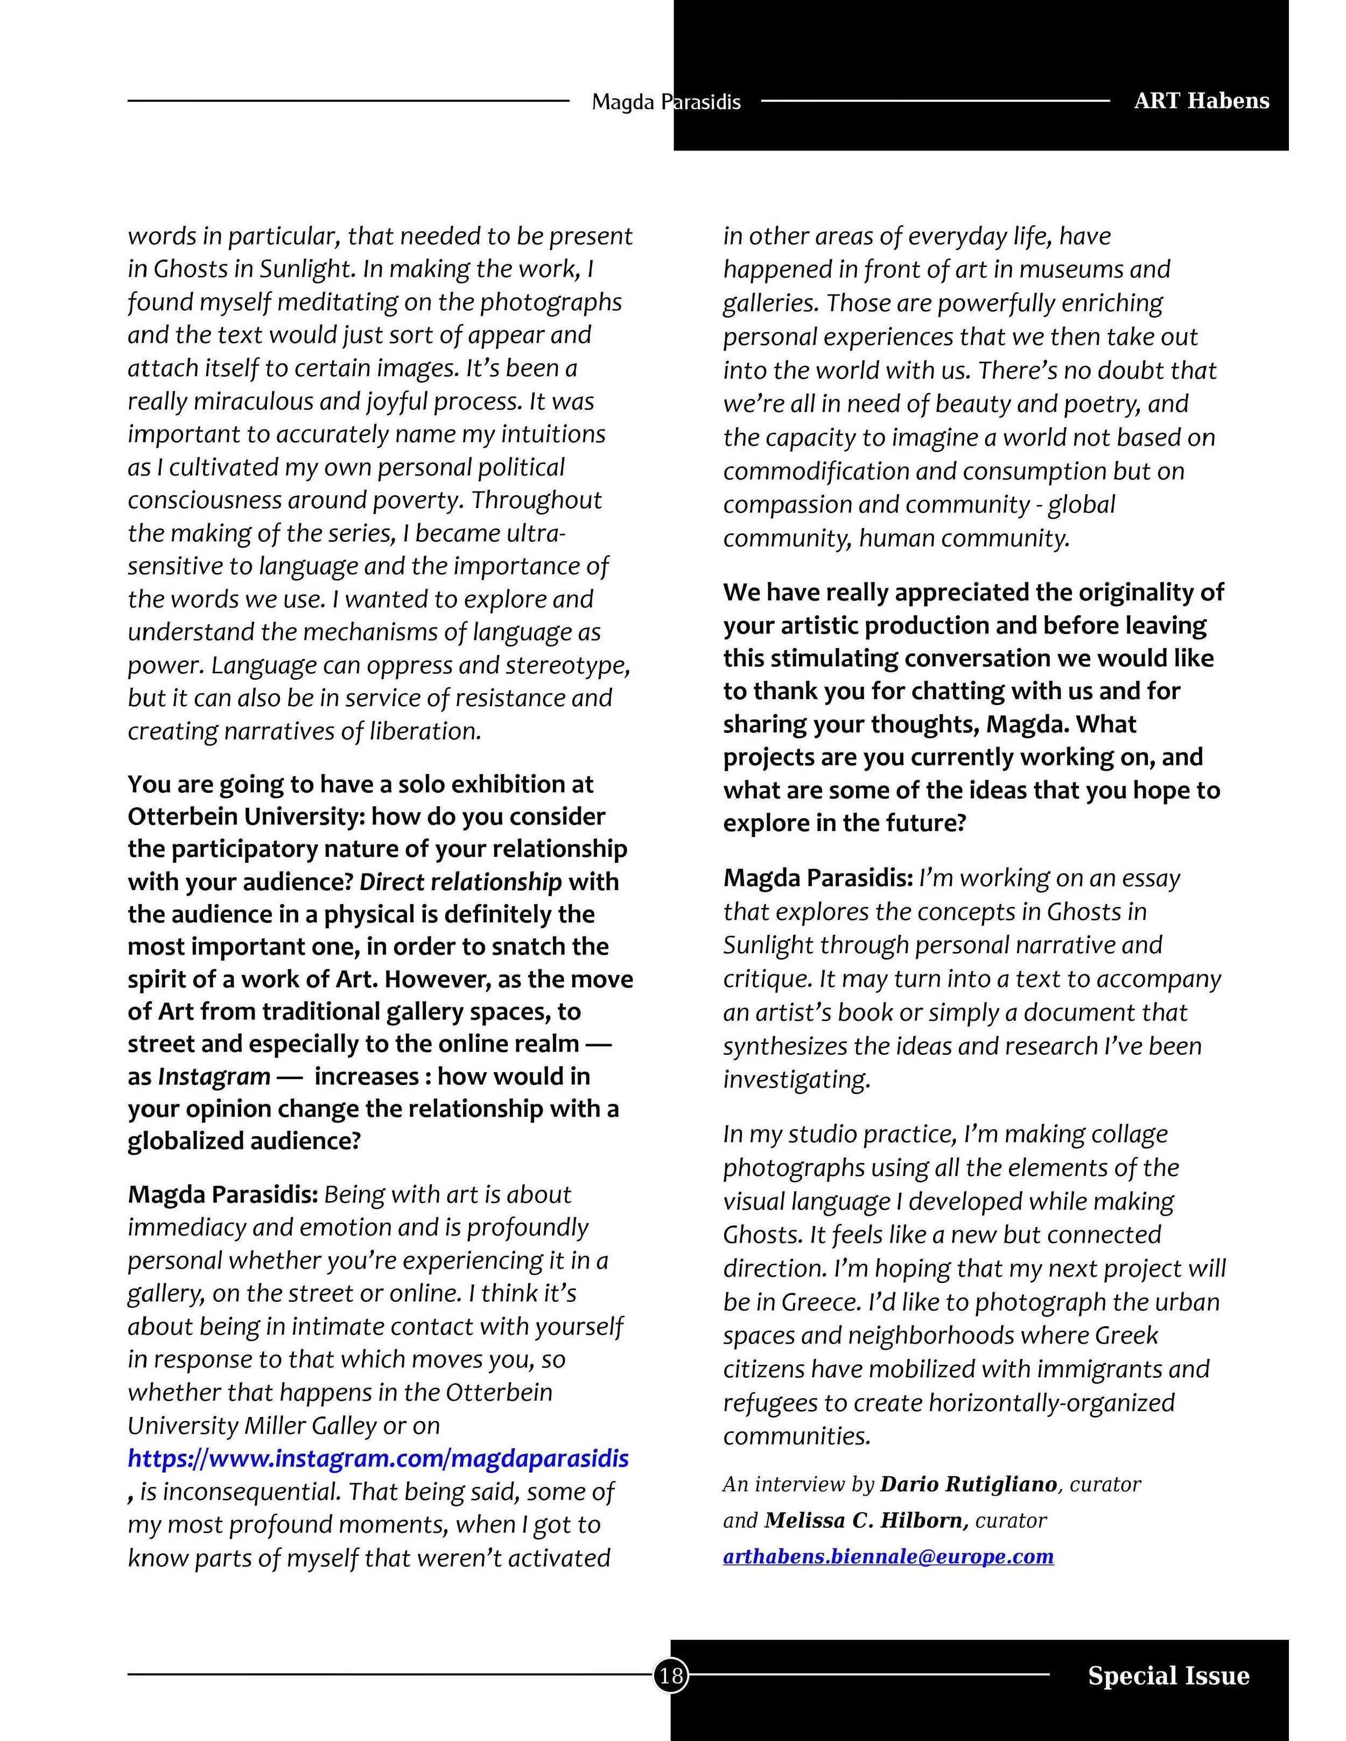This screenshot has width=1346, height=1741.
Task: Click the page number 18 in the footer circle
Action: (671, 1676)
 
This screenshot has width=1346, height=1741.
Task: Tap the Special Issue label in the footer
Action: (1168, 1676)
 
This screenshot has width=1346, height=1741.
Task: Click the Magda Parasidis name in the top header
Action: (666, 102)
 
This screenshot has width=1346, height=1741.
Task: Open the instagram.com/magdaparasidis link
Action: (378, 1459)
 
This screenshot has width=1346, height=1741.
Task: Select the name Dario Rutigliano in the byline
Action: (968, 1484)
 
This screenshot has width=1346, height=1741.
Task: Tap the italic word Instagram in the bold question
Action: (214, 1077)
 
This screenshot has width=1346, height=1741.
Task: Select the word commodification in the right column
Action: (816, 471)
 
